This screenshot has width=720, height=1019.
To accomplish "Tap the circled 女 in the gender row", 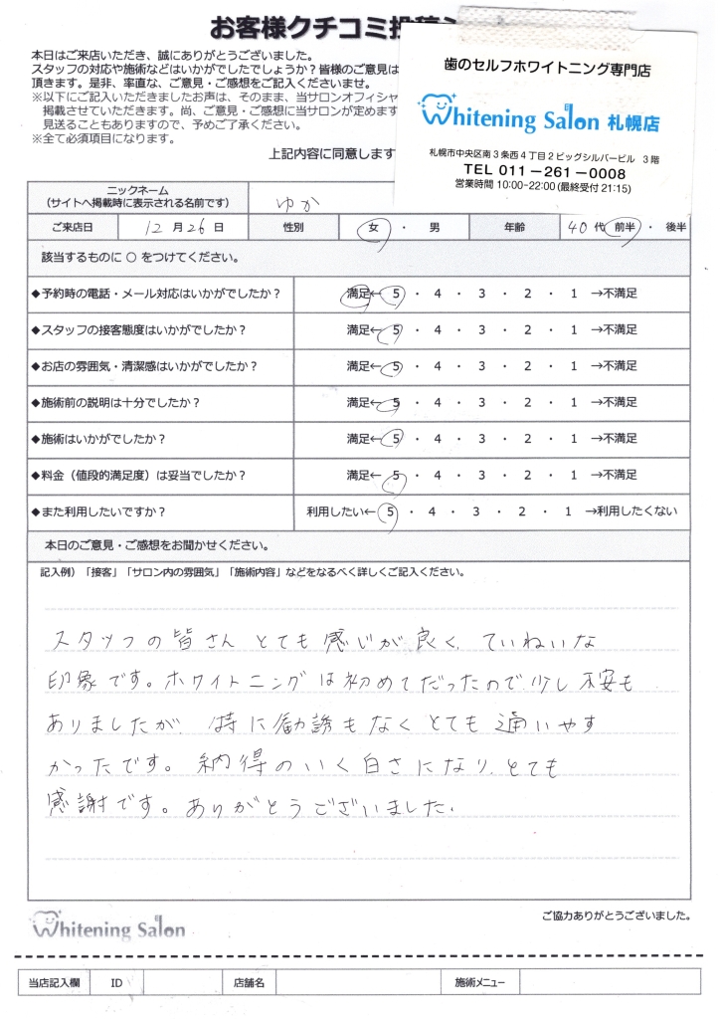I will (376, 228).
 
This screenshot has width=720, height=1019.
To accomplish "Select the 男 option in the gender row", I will (434, 228).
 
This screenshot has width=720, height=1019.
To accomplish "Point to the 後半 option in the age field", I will (674, 228).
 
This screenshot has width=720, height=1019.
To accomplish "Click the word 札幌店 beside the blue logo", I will (631, 121).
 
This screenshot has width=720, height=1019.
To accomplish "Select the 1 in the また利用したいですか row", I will (567, 512).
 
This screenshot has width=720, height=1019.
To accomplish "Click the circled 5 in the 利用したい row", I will (393, 512).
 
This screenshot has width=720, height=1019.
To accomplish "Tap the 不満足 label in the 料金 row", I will (618, 475).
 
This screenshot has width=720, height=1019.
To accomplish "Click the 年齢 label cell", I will (514, 228).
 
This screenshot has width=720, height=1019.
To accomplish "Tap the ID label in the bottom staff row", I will (116, 982).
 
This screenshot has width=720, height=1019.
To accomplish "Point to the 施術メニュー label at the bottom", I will (479, 982).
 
